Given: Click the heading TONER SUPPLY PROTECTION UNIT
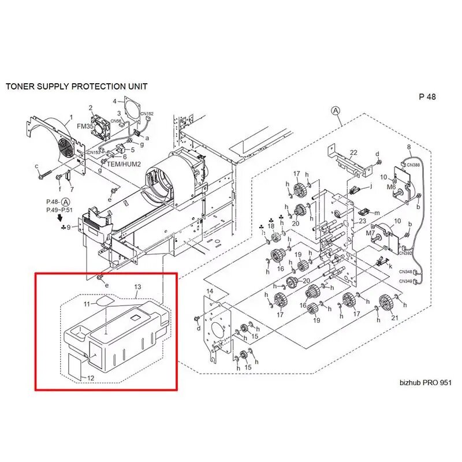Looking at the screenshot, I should [76, 87].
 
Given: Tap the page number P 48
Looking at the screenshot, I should [427, 97].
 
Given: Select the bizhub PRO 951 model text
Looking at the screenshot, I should [424, 383].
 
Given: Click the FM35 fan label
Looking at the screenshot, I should [85, 126].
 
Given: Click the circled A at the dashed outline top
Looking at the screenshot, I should [335, 110].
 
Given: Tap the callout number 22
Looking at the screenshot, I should [353, 152].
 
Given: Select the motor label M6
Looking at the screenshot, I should [392, 187].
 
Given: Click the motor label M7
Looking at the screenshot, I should [371, 232].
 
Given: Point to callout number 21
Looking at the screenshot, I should [394, 318].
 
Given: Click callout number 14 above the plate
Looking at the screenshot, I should [210, 290].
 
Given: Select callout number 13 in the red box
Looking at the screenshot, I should [137, 287].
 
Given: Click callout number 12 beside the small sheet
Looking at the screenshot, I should [91, 378].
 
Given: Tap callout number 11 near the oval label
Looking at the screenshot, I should [85, 303].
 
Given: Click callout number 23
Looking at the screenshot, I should [363, 221].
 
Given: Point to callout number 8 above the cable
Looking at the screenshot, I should [409, 147].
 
